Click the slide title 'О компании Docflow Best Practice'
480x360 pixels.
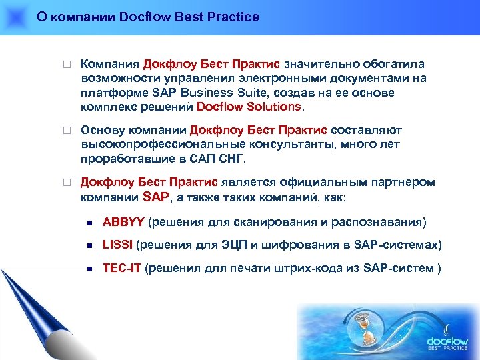[x=147, y=17]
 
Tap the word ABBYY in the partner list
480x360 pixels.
[x=123, y=221]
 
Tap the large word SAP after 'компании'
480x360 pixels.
[x=157, y=197]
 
